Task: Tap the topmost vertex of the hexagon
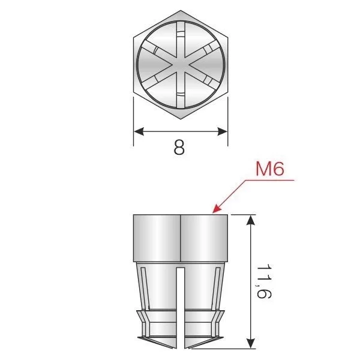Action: coord(180,10)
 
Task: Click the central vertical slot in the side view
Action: coord(181,306)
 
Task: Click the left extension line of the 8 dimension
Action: coord(133,123)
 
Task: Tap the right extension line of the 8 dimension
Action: coord(227,123)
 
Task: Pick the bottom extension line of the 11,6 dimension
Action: coord(240,349)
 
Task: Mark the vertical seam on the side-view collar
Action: coord(181,237)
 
